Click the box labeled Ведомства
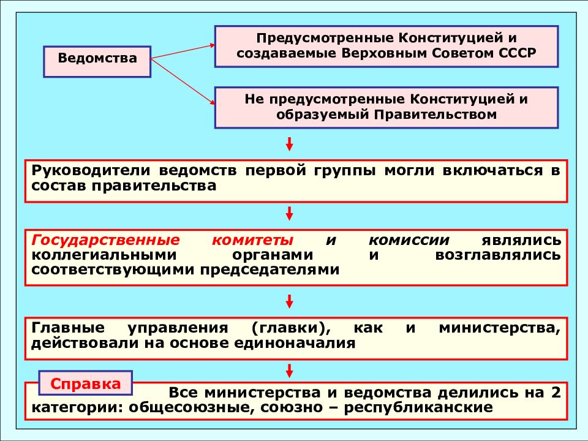(x=97, y=62)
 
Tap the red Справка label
(x=86, y=383)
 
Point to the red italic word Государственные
(x=106, y=240)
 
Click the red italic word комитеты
(x=252, y=240)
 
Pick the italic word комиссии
(x=409, y=240)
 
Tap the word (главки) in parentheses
(x=291, y=328)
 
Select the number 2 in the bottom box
(x=556, y=393)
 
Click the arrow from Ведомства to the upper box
(x=183, y=51)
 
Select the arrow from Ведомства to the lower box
(x=183, y=81)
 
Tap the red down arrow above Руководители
(x=289, y=144)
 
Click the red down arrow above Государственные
(x=289, y=213)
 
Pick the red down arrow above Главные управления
(x=289, y=301)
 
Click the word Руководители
(x=91, y=171)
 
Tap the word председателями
(x=269, y=269)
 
